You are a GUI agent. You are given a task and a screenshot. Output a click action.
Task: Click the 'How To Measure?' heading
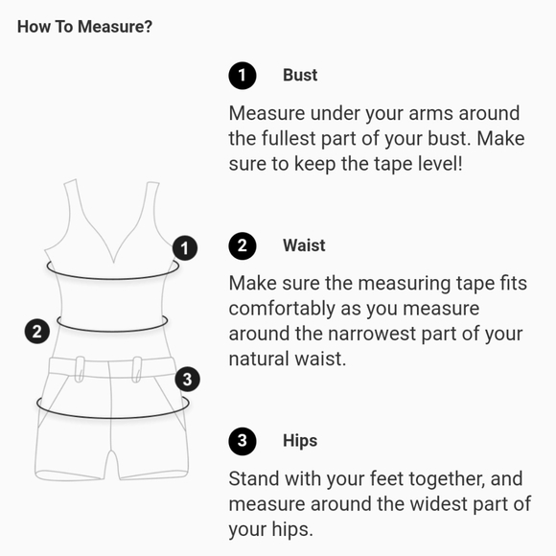tap(84, 27)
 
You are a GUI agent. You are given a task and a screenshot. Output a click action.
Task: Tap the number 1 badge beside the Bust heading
tap(243, 76)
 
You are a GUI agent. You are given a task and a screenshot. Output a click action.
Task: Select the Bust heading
tap(300, 75)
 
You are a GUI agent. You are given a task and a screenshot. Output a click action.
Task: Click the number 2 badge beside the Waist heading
tap(243, 245)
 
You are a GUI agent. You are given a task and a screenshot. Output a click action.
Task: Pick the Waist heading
tap(304, 245)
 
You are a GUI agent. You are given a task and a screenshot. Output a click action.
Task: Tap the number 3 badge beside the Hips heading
tap(243, 441)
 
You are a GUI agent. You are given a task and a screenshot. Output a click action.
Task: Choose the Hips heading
tap(300, 441)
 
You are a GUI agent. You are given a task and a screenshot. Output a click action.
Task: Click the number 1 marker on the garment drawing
tap(185, 248)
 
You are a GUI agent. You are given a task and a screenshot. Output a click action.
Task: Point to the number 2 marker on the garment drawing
tap(37, 332)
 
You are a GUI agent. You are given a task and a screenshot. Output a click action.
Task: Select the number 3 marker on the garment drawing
tap(188, 379)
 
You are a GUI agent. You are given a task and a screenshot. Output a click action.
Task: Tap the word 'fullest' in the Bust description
tap(289, 138)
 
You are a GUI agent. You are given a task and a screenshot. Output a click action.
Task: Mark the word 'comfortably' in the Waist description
tap(282, 309)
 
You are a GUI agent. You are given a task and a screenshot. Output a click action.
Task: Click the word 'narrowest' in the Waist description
tap(372, 334)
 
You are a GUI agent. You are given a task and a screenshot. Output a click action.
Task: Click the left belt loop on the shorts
tap(80, 369)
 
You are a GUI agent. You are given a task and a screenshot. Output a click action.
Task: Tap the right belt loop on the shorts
tap(137, 369)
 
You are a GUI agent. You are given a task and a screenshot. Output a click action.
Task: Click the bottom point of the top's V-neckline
tap(113, 263)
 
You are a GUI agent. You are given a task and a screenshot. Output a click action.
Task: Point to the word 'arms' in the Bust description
tap(430, 113)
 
